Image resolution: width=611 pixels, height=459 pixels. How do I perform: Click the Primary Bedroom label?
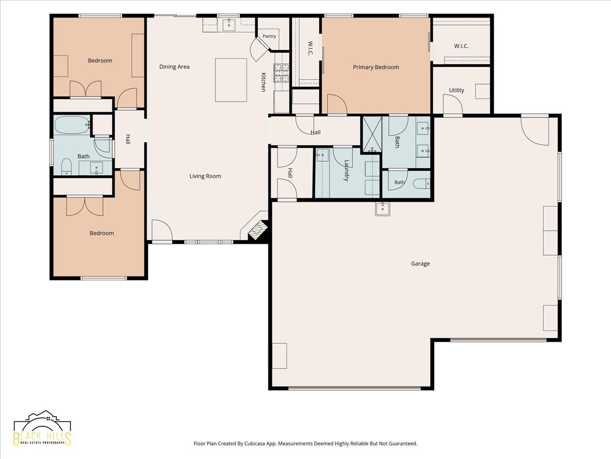point(376,67)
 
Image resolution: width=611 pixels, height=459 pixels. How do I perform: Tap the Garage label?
point(421,264)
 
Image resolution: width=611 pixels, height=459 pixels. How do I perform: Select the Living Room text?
point(205,176)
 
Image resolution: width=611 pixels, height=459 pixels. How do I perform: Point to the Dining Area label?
point(174,67)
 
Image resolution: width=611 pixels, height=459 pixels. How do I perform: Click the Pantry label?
point(269,36)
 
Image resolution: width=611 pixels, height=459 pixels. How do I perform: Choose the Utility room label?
point(457,90)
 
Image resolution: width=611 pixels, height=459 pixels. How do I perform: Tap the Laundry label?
point(347,170)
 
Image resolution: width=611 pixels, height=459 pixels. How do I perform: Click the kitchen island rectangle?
point(231,80)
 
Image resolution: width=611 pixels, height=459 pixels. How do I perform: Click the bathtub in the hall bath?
point(72,125)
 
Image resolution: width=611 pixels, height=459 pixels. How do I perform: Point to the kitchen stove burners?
point(282,73)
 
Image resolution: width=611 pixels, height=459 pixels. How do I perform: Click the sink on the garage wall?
point(383,209)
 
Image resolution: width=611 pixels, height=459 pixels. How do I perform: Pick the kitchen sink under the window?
point(229,25)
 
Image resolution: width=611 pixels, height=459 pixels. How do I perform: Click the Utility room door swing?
point(453,104)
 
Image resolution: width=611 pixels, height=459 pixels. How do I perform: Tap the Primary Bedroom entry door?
point(337,104)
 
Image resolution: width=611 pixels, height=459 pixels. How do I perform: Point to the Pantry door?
point(260,49)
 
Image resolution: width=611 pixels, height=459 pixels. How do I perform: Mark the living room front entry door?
point(162,230)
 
